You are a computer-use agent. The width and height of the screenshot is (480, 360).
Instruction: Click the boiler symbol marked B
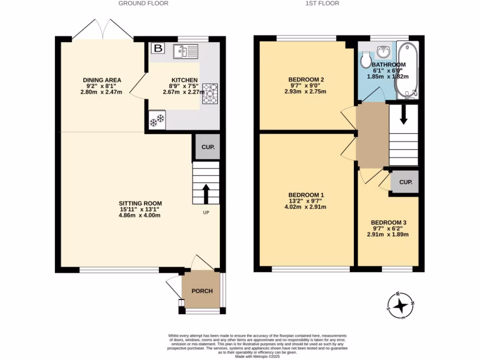(x=158, y=48)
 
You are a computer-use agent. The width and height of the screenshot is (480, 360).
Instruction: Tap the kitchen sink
(x=186, y=51)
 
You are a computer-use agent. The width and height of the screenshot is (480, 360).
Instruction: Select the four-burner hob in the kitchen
(x=210, y=93)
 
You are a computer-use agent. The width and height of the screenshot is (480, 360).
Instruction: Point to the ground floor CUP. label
(x=208, y=147)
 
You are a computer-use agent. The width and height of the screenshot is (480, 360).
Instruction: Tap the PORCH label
(x=202, y=291)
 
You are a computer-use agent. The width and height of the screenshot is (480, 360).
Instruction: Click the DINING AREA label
(x=102, y=80)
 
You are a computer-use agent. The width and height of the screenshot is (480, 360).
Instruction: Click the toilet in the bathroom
(x=366, y=59)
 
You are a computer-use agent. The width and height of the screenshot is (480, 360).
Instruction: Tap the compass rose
(x=400, y=306)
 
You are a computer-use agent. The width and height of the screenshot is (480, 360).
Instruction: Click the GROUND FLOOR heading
(x=143, y=3)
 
